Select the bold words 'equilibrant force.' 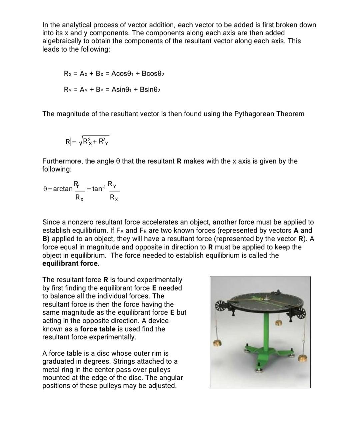71,263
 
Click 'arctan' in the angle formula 63,189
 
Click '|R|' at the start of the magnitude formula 68,142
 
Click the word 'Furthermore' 62,161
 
